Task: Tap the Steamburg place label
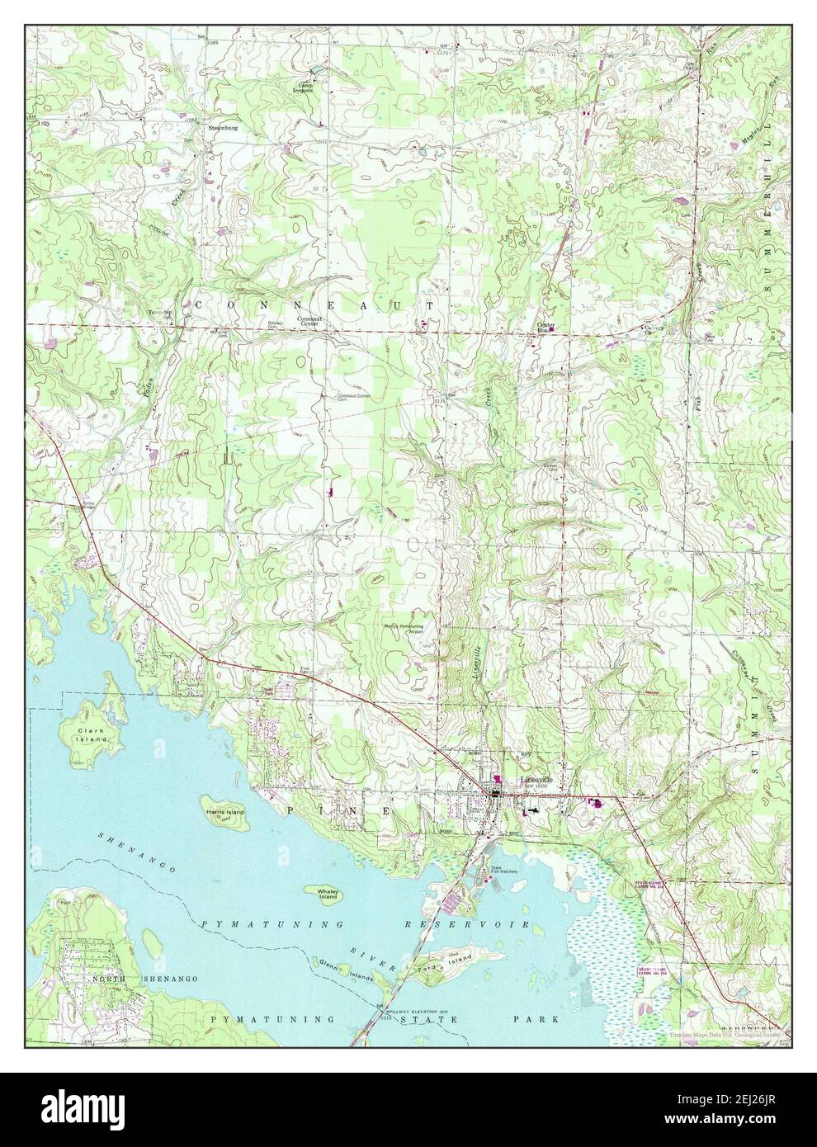point(223,127)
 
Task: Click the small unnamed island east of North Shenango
point(152,938)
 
